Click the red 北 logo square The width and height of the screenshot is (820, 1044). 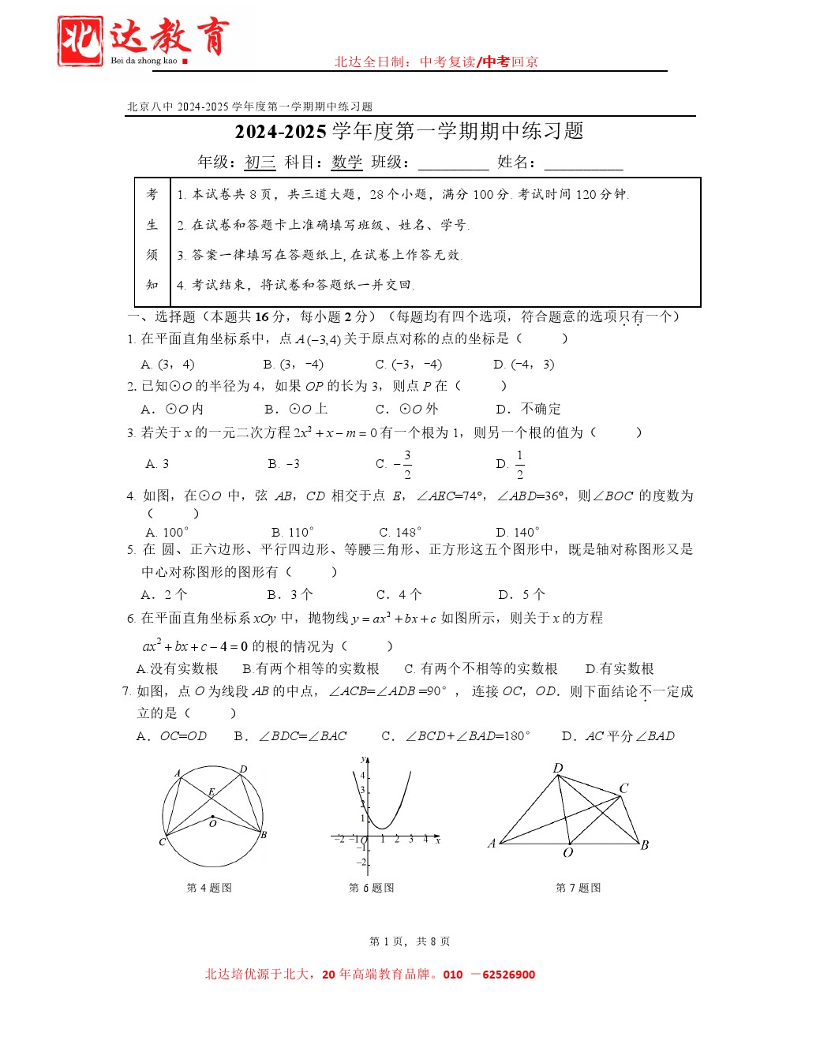pyautogui.click(x=80, y=40)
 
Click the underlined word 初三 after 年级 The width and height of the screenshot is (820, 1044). pyautogui.click(x=260, y=163)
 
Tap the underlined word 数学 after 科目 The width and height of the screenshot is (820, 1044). pyautogui.click(x=346, y=163)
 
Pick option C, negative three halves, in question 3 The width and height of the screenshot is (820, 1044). pyautogui.click(x=394, y=464)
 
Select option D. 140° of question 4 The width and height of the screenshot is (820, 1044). pyautogui.click(x=518, y=532)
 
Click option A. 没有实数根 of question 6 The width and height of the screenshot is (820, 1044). pyautogui.click(x=178, y=668)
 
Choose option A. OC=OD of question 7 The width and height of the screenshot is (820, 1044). pyautogui.click(x=172, y=735)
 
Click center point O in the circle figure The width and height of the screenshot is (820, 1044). pyautogui.click(x=212, y=817)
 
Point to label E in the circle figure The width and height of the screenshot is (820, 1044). pyautogui.click(x=212, y=791)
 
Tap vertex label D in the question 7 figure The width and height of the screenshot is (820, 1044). pyautogui.click(x=558, y=768)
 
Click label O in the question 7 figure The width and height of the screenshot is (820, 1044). pyautogui.click(x=567, y=853)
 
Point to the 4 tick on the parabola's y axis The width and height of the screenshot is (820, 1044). pyautogui.click(x=363, y=776)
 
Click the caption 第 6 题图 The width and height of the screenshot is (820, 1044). pyautogui.click(x=371, y=888)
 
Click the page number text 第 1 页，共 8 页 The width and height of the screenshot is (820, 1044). pyautogui.click(x=410, y=941)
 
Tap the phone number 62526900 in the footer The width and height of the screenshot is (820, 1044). pyautogui.click(x=508, y=975)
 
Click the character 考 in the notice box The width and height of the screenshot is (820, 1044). pyautogui.click(x=152, y=194)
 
